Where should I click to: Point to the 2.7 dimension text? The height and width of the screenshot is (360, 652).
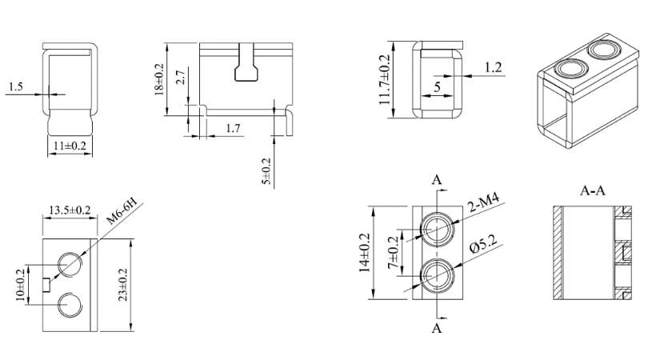point(180,78)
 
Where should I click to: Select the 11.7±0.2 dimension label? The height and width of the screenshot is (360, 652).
point(386,78)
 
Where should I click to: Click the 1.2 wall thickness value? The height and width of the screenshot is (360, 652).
point(494,68)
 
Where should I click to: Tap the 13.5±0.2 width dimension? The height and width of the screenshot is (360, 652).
point(69,210)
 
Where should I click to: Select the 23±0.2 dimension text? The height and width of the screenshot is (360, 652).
point(122,285)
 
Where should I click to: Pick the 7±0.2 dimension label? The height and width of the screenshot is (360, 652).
point(393,253)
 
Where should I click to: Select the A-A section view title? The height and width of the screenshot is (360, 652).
point(593,191)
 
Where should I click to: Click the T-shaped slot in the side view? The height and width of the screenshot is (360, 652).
point(245,67)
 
